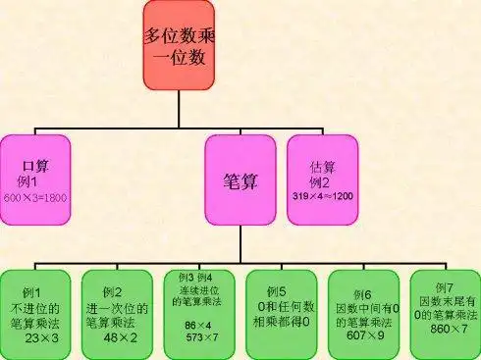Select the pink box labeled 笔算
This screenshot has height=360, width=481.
point(241,180)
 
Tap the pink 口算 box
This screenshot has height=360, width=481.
point(35,177)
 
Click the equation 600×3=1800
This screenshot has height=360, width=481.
point(35,199)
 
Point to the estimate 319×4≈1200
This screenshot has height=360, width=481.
point(323,196)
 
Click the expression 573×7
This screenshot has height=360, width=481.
point(202,335)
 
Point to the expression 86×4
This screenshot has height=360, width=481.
point(198,323)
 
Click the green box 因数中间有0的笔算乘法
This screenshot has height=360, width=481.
point(361,309)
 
